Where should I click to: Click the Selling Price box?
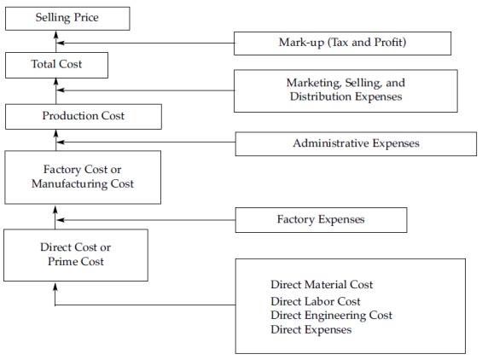pos(67,19)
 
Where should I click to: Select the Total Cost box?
pos(56,65)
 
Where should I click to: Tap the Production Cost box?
pos(84,117)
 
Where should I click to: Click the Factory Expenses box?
pos(322,220)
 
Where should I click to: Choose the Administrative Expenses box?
pos(356,144)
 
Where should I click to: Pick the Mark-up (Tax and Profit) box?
pos(342,44)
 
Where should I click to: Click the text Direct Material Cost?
pos(322,284)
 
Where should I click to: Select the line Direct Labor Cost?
pos(316,301)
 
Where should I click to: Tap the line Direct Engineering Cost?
pos(331,316)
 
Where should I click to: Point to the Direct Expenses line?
pos(311,329)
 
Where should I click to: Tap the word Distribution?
pos(320,96)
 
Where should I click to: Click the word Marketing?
pos(314,84)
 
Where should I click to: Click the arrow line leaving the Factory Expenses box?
pos(147,220)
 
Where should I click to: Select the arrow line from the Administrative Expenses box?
pos(147,142)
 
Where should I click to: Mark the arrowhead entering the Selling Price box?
pos(56,34)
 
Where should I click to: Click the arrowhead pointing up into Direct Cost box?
pos(55,287)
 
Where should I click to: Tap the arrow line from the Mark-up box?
pos(146,43)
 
